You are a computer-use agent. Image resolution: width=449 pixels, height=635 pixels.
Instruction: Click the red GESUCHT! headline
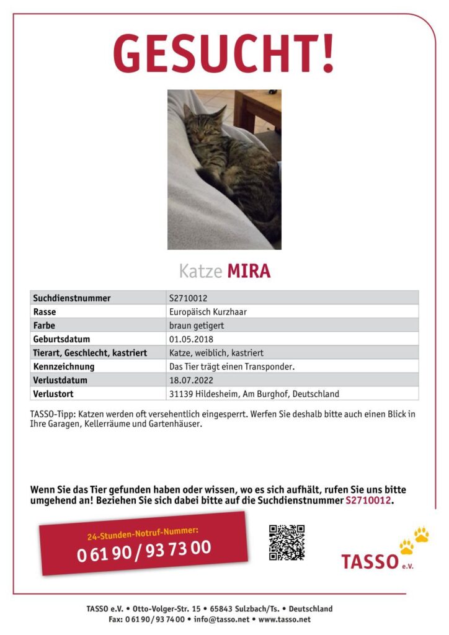click(224, 53)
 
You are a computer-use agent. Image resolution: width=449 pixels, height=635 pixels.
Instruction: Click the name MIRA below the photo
click(249, 271)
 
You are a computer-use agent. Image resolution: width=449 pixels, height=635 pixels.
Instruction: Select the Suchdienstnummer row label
click(72, 298)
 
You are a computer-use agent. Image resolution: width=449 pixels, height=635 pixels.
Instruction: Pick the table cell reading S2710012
click(189, 298)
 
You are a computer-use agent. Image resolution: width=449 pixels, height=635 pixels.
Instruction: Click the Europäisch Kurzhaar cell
click(208, 312)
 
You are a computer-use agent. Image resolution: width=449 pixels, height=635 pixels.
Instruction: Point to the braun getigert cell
click(197, 326)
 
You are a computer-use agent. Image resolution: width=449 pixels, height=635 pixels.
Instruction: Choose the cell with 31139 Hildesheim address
click(254, 394)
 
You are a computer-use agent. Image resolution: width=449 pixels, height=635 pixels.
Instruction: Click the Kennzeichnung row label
click(64, 366)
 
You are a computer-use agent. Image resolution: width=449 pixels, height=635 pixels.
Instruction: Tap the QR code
click(287, 542)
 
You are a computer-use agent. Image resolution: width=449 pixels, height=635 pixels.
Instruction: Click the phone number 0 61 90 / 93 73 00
click(144, 550)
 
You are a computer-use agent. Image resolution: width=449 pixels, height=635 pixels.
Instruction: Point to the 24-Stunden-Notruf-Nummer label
click(143, 531)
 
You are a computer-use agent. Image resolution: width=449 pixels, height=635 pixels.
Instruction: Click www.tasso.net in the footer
click(285, 619)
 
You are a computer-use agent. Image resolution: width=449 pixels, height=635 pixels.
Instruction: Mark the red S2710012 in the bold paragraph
click(368, 500)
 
